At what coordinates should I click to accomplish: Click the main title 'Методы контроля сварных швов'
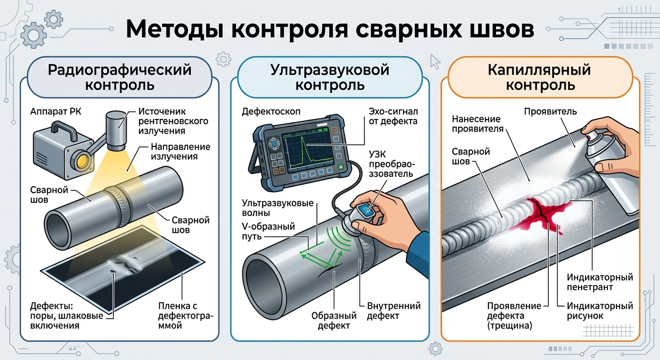pos(330,29)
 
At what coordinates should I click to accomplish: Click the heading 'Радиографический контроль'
pos(120,77)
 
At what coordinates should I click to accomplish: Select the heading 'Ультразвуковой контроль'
pos(330,77)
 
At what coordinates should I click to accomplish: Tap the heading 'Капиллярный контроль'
pos(539,77)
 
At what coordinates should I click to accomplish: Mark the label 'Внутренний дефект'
pos(393,311)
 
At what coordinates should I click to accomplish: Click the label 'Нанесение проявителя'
pos(477,124)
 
